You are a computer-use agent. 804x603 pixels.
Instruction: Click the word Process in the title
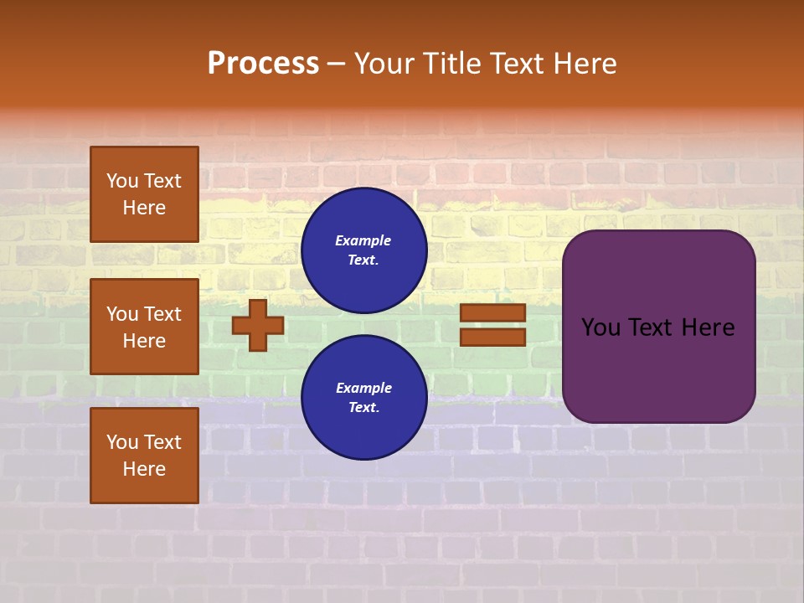pyautogui.click(x=263, y=64)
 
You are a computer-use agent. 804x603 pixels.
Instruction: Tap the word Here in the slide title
pyautogui.click(x=585, y=64)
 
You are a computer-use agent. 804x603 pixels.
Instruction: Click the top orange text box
pyautogui.click(x=144, y=194)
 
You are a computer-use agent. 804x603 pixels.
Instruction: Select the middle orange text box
pyautogui.click(x=144, y=327)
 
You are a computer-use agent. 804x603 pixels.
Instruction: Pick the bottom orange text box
pyautogui.click(x=144, y=456)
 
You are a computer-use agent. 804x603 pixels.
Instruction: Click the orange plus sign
pyautogui.click(x=258, y=325)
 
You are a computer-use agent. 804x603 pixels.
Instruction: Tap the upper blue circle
pyautogui.click(x=363, y=250)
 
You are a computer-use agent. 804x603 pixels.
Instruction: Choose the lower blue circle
pyautogui.click(x=363, y=398)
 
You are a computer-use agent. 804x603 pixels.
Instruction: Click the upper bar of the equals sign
pyautogui.click(x=492, y=312)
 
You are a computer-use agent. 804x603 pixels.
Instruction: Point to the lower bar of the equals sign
pyautogui.click(x=492, y=337)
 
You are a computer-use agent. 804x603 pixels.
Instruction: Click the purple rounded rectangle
pyautogui.click(x=658, y=368)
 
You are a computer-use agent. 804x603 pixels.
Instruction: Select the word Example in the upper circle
pyautogui.click(x=363, y=240)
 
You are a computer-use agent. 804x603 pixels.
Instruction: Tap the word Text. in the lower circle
pyautogui.click(x=363, y=408)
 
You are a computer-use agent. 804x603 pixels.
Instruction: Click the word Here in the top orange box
pyautogui.click(x=144, y=208)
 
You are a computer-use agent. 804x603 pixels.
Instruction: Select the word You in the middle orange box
pyautogui.click(x=122, y=314)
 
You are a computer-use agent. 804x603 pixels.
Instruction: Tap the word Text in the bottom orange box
pyautogui.click(x=162, y=442)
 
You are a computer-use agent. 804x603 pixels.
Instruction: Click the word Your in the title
pyautogui.click(x=383, y=64)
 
